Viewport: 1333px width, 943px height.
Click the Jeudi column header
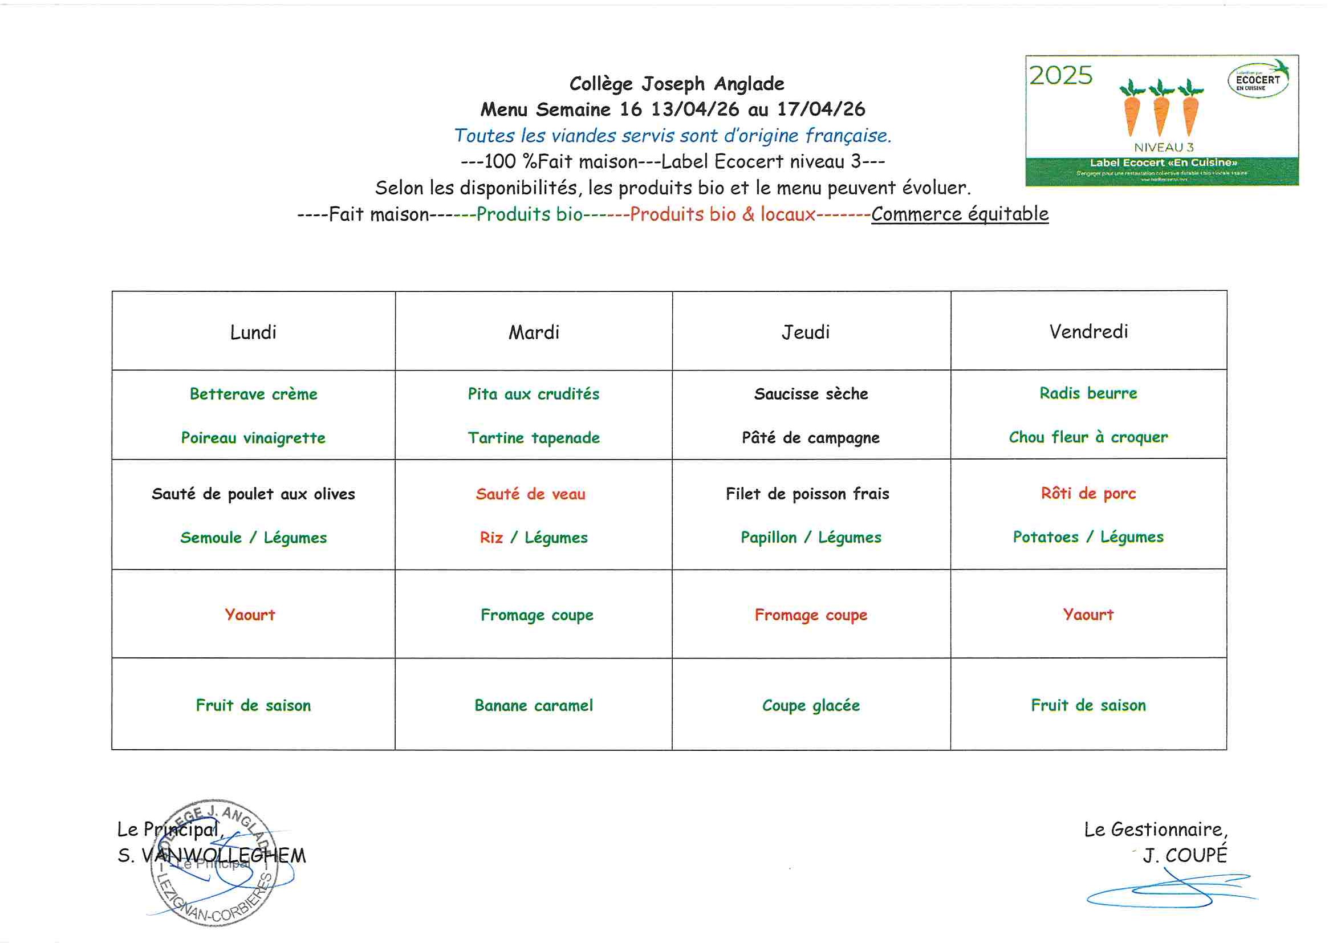(x=805, y=332)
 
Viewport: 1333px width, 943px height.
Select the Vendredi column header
(x=1088, y=332)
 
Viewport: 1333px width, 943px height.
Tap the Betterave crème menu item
(x=253, y=395)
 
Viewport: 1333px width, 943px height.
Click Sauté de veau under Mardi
(x=530, y=494)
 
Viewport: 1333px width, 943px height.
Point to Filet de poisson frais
(x=807, y=494)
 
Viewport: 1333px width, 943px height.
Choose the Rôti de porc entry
(x=1088, y=494)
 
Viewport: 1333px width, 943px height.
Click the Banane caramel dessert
(x=534, y=705)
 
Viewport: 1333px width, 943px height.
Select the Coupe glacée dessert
(x=811, y=705)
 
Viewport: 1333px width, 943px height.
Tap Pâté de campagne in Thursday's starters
(x=811, y=438)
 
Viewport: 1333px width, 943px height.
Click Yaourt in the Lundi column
(x=250, y=615)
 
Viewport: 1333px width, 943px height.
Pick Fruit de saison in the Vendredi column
(x=1088, y=705)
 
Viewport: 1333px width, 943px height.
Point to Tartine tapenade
(x=534, y=438)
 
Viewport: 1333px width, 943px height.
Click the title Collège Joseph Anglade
(x=676, y=84)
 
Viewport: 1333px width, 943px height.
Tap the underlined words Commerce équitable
(x=960, y=214)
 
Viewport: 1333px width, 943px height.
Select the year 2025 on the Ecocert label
(x=1060, y=76)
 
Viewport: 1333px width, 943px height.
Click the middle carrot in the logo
(x=1161, y=111)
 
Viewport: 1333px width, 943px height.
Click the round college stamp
(x=214, y=863)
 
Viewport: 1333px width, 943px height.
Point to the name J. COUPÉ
(x=1184, y=855)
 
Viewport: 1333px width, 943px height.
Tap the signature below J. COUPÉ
(x=1167, y=892)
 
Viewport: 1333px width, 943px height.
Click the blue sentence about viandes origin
(x=672, y=136)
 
